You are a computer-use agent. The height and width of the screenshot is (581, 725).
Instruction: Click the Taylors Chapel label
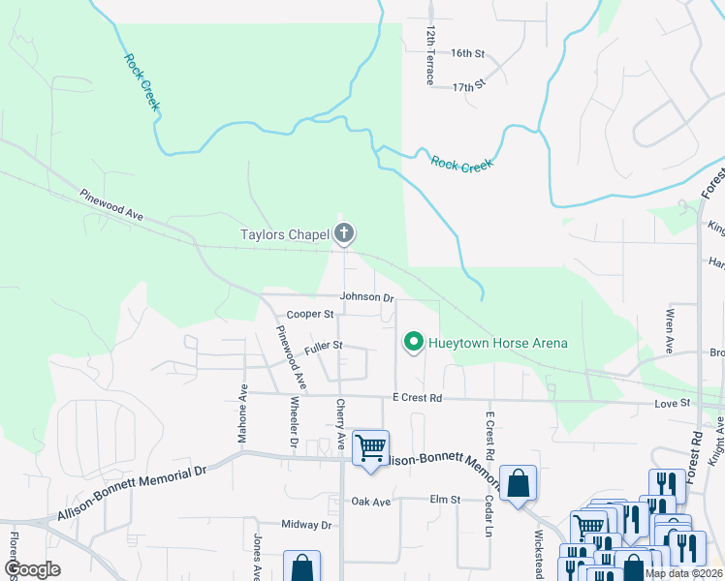(285, 234)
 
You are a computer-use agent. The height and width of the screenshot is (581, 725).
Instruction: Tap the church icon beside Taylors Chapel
(343, 233)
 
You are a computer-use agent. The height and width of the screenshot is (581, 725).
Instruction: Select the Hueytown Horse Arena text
(499, 343)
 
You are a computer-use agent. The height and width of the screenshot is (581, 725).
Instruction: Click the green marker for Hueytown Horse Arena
(414, 343)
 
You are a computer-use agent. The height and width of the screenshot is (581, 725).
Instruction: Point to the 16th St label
(467, 53)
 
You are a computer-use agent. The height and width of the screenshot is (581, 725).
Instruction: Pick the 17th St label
(468, 87)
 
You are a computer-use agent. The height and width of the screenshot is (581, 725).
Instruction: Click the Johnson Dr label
(366, 297)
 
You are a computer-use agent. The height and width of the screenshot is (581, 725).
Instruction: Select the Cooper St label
(310, 315)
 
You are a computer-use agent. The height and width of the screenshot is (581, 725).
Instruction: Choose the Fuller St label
(324, 345)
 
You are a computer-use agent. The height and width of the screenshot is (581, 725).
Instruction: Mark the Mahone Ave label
(243, 412)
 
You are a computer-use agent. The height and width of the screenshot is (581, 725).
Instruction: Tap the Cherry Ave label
(340, 424)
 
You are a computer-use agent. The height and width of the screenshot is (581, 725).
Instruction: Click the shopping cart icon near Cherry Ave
(370, 448)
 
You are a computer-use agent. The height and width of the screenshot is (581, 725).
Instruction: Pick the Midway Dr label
(306, 525)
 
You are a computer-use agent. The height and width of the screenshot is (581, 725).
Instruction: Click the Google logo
(32, 569)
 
